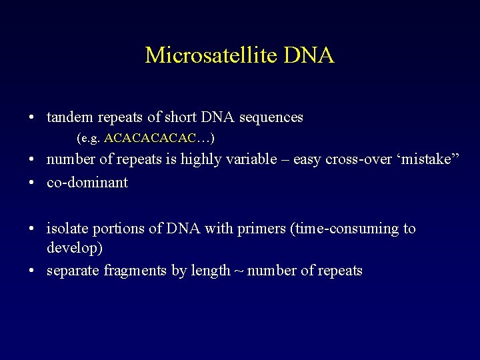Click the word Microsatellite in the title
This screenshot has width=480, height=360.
(x=211, y=55)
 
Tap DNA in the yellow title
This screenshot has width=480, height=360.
(x=309, y=55)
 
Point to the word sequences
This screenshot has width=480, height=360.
(x=272, y=117)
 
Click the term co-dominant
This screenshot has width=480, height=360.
(x=87, y=183)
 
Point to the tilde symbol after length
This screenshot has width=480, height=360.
(x=238, y=271)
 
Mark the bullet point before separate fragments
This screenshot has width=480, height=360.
(x=32, y=271)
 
